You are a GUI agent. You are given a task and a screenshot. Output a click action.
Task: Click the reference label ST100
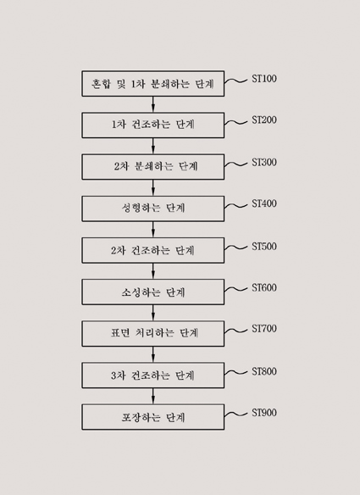coord(264,79)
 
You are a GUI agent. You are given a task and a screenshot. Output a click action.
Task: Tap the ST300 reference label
coord(264,162)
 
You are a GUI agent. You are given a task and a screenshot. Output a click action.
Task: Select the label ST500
coord(264,247)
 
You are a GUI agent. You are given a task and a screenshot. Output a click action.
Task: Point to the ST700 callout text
coord(264,329)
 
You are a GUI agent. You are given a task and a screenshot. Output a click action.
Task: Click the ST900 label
coord(264,413)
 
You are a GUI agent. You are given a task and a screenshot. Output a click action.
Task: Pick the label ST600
coord(264,287)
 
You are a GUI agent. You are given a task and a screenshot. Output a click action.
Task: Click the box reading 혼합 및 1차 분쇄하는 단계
coord(153,84)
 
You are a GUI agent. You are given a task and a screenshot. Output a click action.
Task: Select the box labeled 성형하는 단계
coord(153,209)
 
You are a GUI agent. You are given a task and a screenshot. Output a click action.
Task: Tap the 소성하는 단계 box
coord(153,292)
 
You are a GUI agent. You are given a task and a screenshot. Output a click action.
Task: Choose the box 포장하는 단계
coord(153,417)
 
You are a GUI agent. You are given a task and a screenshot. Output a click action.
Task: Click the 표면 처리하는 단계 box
coord(153,334)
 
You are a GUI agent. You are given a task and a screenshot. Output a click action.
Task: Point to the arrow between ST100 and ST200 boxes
coord(153,104)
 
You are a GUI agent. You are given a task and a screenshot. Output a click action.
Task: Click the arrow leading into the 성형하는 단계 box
coord(153,188)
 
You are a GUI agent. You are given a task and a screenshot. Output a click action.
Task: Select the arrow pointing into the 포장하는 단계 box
coord(153,396)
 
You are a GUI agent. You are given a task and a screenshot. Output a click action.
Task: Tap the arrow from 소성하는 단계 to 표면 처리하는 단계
coord(153,313)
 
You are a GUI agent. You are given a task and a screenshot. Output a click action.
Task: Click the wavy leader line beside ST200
coord(236,123)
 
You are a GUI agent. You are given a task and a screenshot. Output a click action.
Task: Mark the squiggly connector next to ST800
coord(236,373)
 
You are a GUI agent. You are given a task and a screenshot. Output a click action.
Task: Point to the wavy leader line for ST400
coord(236,206)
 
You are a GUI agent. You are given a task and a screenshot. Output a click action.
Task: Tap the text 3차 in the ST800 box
coord(118,375)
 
